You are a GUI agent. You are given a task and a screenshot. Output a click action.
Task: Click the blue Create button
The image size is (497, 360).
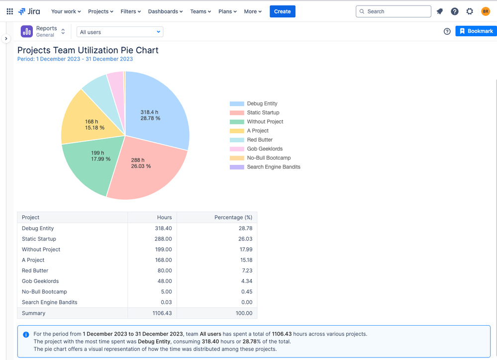click(282, 11)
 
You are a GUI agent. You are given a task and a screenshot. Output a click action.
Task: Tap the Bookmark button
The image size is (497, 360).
click(476, 31)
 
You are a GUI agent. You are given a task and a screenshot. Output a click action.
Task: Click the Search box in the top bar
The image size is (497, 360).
click(393, 11)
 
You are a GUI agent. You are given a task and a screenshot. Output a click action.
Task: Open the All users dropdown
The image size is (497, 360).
click(119, 32)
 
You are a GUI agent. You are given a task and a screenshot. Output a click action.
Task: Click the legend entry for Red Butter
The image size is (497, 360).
click(260, 140)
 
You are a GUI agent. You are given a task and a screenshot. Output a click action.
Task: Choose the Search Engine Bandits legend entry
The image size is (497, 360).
click(273, 167)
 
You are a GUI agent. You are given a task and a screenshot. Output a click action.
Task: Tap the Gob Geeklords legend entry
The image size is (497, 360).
click(264, 149)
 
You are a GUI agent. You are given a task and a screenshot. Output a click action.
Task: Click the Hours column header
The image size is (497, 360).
click(164, 217)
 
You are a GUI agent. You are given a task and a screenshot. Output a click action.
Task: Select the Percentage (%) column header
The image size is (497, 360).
click(233, 217)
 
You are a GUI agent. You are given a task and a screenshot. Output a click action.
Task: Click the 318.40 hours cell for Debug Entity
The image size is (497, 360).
click(163, 228)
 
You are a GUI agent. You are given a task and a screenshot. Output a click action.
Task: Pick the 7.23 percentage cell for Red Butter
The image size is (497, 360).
click(247, 270)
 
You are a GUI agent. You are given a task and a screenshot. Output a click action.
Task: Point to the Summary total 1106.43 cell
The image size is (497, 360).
click(162, 313)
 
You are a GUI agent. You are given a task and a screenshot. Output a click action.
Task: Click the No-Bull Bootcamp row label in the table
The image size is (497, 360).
click(44, 292)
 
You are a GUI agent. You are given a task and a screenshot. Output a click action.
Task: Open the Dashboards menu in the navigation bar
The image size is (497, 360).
click(165, 11)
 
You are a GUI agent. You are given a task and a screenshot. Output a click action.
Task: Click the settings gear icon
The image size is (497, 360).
click(470, 11)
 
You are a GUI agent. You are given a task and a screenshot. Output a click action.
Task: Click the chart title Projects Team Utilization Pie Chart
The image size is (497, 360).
click(88, 50)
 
